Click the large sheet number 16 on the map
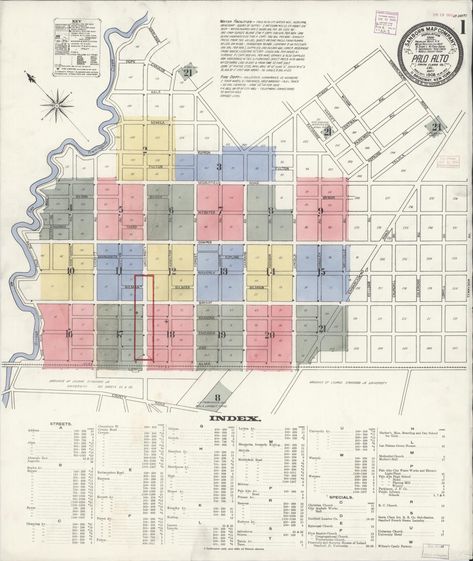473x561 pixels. (x=69, y=334)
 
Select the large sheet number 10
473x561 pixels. (x=70, y=271)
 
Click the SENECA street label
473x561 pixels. (x=158, y=123)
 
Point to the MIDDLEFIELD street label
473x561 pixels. (x=209, y=183)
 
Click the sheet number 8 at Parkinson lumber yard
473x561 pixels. (x=217, y=398)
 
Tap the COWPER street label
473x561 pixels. (x=205, y=243)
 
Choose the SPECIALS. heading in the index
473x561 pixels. (x=341, y=497)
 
